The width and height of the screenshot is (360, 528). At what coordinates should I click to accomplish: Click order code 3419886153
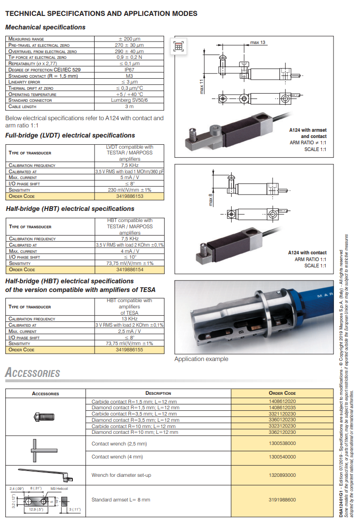[x=130, y=196]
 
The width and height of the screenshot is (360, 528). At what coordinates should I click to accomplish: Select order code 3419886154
[x=130, y=270]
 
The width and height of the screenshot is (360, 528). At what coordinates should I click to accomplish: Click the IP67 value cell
[x=129, y=69]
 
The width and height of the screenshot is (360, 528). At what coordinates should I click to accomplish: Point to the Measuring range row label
[x=27, y=39]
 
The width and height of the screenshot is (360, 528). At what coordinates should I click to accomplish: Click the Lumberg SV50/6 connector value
[x=129, y=100]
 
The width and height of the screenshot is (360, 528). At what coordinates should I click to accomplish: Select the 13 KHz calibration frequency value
[x=129, y=319]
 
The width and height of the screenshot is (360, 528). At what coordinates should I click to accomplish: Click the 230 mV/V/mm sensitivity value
[x=129, y=190]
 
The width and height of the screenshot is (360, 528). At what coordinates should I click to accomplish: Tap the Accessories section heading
[x=32, y=373]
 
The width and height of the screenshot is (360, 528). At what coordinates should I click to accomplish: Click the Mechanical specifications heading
[x=45, y=28]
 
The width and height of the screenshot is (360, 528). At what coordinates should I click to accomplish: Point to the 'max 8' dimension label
[x=210, y=199]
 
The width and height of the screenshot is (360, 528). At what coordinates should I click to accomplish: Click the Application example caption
[x=201, y=359]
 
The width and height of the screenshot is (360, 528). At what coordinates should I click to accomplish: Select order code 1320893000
[x=282, y=475]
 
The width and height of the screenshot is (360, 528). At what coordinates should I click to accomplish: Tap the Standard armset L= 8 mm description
[x=121, y=500]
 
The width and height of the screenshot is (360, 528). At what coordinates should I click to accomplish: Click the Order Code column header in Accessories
[x=282, y=393]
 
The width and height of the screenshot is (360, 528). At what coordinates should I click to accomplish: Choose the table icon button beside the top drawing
[x=179, y=46]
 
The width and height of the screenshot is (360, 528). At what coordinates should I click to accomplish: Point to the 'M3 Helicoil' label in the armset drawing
[x=59, y=488]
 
